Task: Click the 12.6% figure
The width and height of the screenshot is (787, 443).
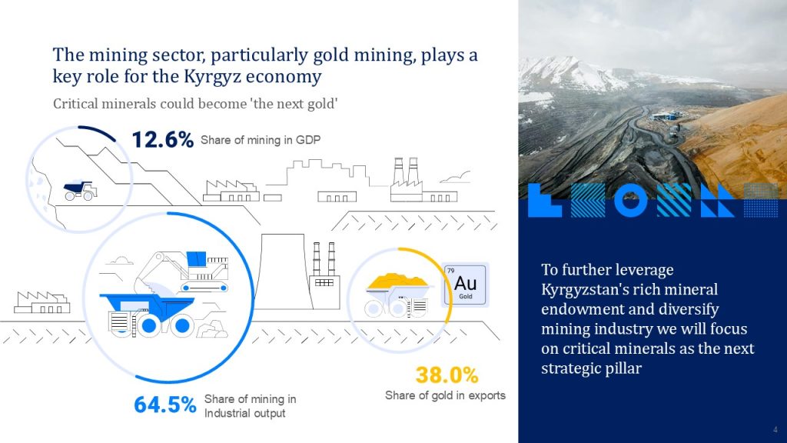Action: (163, 140)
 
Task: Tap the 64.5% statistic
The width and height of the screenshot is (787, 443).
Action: (164, 405)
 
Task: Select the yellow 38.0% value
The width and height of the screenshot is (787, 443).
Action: (447, 375)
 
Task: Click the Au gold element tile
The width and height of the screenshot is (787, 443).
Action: (465, 285)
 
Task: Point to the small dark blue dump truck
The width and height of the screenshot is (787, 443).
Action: (80, 191)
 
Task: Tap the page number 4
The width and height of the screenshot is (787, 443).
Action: (775, 429)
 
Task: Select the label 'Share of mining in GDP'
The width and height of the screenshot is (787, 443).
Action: (261, 140)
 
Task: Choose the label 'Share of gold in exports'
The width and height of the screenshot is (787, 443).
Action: (445, 395)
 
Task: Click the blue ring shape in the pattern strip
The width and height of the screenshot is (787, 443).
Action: (631, 200)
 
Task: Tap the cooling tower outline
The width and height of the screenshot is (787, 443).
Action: (282, 271)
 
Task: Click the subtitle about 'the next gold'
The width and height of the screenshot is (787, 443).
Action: (195, 104)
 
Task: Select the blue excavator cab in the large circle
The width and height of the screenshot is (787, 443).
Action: (196, 258)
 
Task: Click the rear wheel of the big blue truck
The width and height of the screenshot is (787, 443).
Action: (183, 326)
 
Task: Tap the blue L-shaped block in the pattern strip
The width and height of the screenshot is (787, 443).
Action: (544, 201)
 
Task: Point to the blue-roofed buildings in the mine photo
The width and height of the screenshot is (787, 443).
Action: (666, 116)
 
